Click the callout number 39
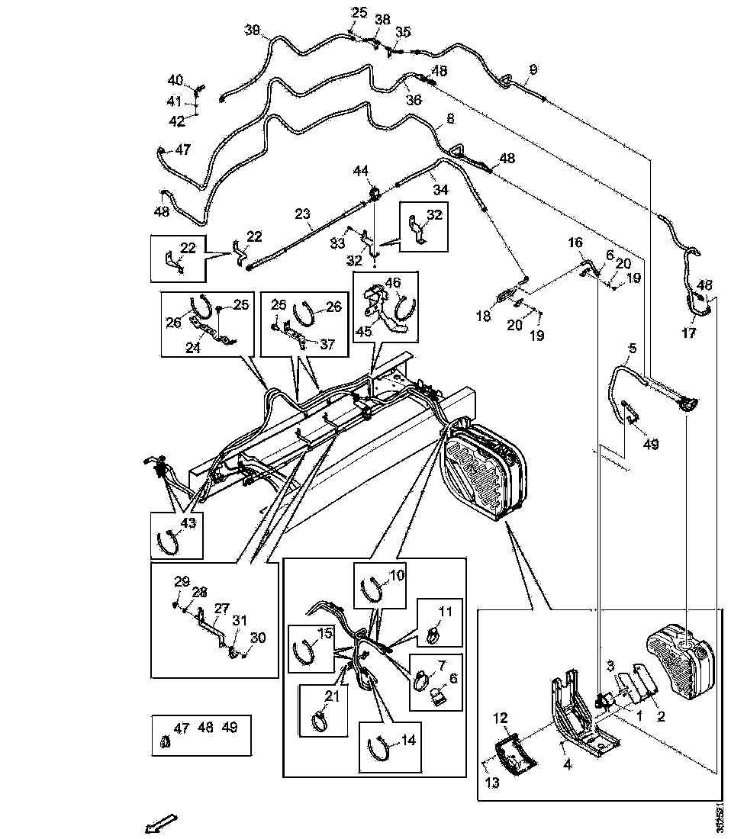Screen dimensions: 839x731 coord(252,31)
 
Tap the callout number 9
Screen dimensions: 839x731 coord(533,69)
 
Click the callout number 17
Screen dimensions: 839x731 coord(689,333)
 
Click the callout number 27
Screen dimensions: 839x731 coord(221,609)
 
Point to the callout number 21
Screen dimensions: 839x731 coord(330,696)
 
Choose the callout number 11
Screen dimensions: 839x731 coord(445,610)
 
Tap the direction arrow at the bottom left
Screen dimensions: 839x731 coord(161,823)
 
